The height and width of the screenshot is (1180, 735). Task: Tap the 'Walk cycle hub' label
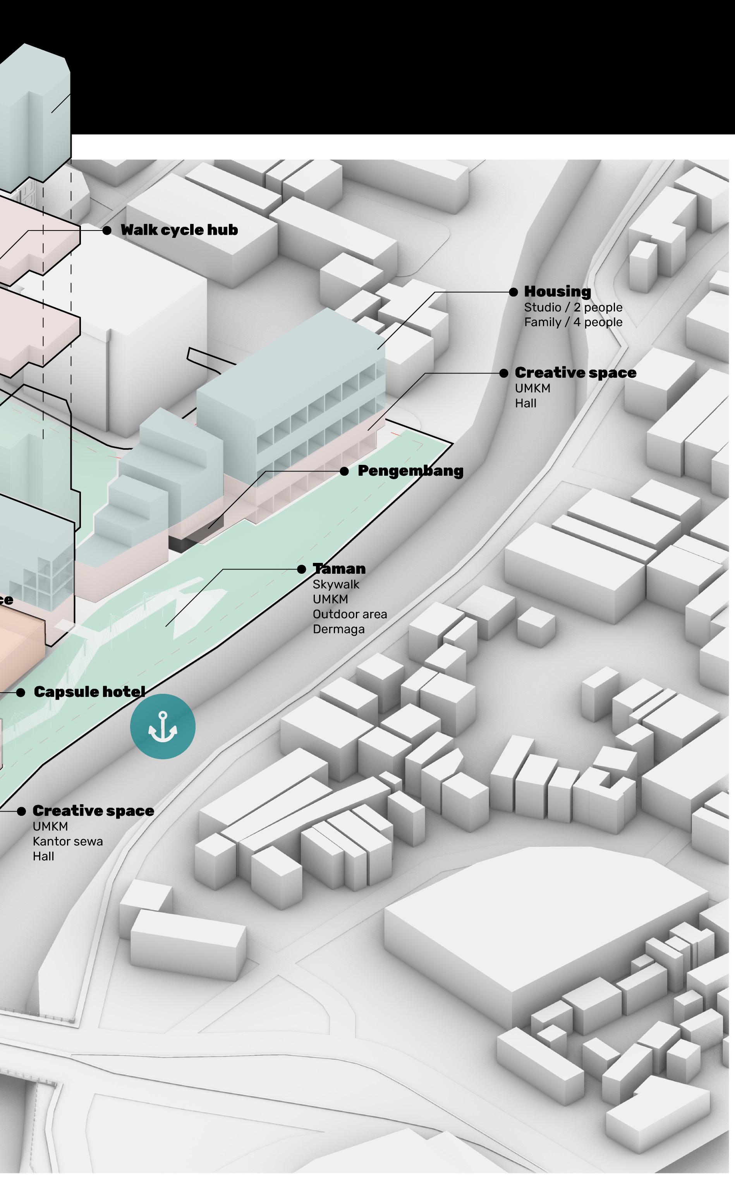[179, 230]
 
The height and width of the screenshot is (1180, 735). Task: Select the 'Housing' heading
[558, 292]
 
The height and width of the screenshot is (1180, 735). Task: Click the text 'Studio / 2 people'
[573, 307]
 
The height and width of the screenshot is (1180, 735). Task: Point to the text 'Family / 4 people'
[573, 322]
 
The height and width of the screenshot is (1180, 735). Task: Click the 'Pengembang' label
[410, 471]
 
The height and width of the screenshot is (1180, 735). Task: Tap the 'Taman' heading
[339, 569]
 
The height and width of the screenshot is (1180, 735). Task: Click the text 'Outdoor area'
[350, 614]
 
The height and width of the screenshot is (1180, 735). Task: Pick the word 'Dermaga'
[339, 629]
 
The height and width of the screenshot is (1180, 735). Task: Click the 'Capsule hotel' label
[89, 692]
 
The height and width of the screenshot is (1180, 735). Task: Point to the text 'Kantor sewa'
[68, 841]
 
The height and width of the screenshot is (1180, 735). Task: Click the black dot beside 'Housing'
[513, 292]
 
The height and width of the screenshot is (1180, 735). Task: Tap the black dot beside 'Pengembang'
[344, 471]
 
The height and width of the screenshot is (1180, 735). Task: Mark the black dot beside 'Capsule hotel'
[21, 692]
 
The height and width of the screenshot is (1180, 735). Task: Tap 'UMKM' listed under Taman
[331, 599]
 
